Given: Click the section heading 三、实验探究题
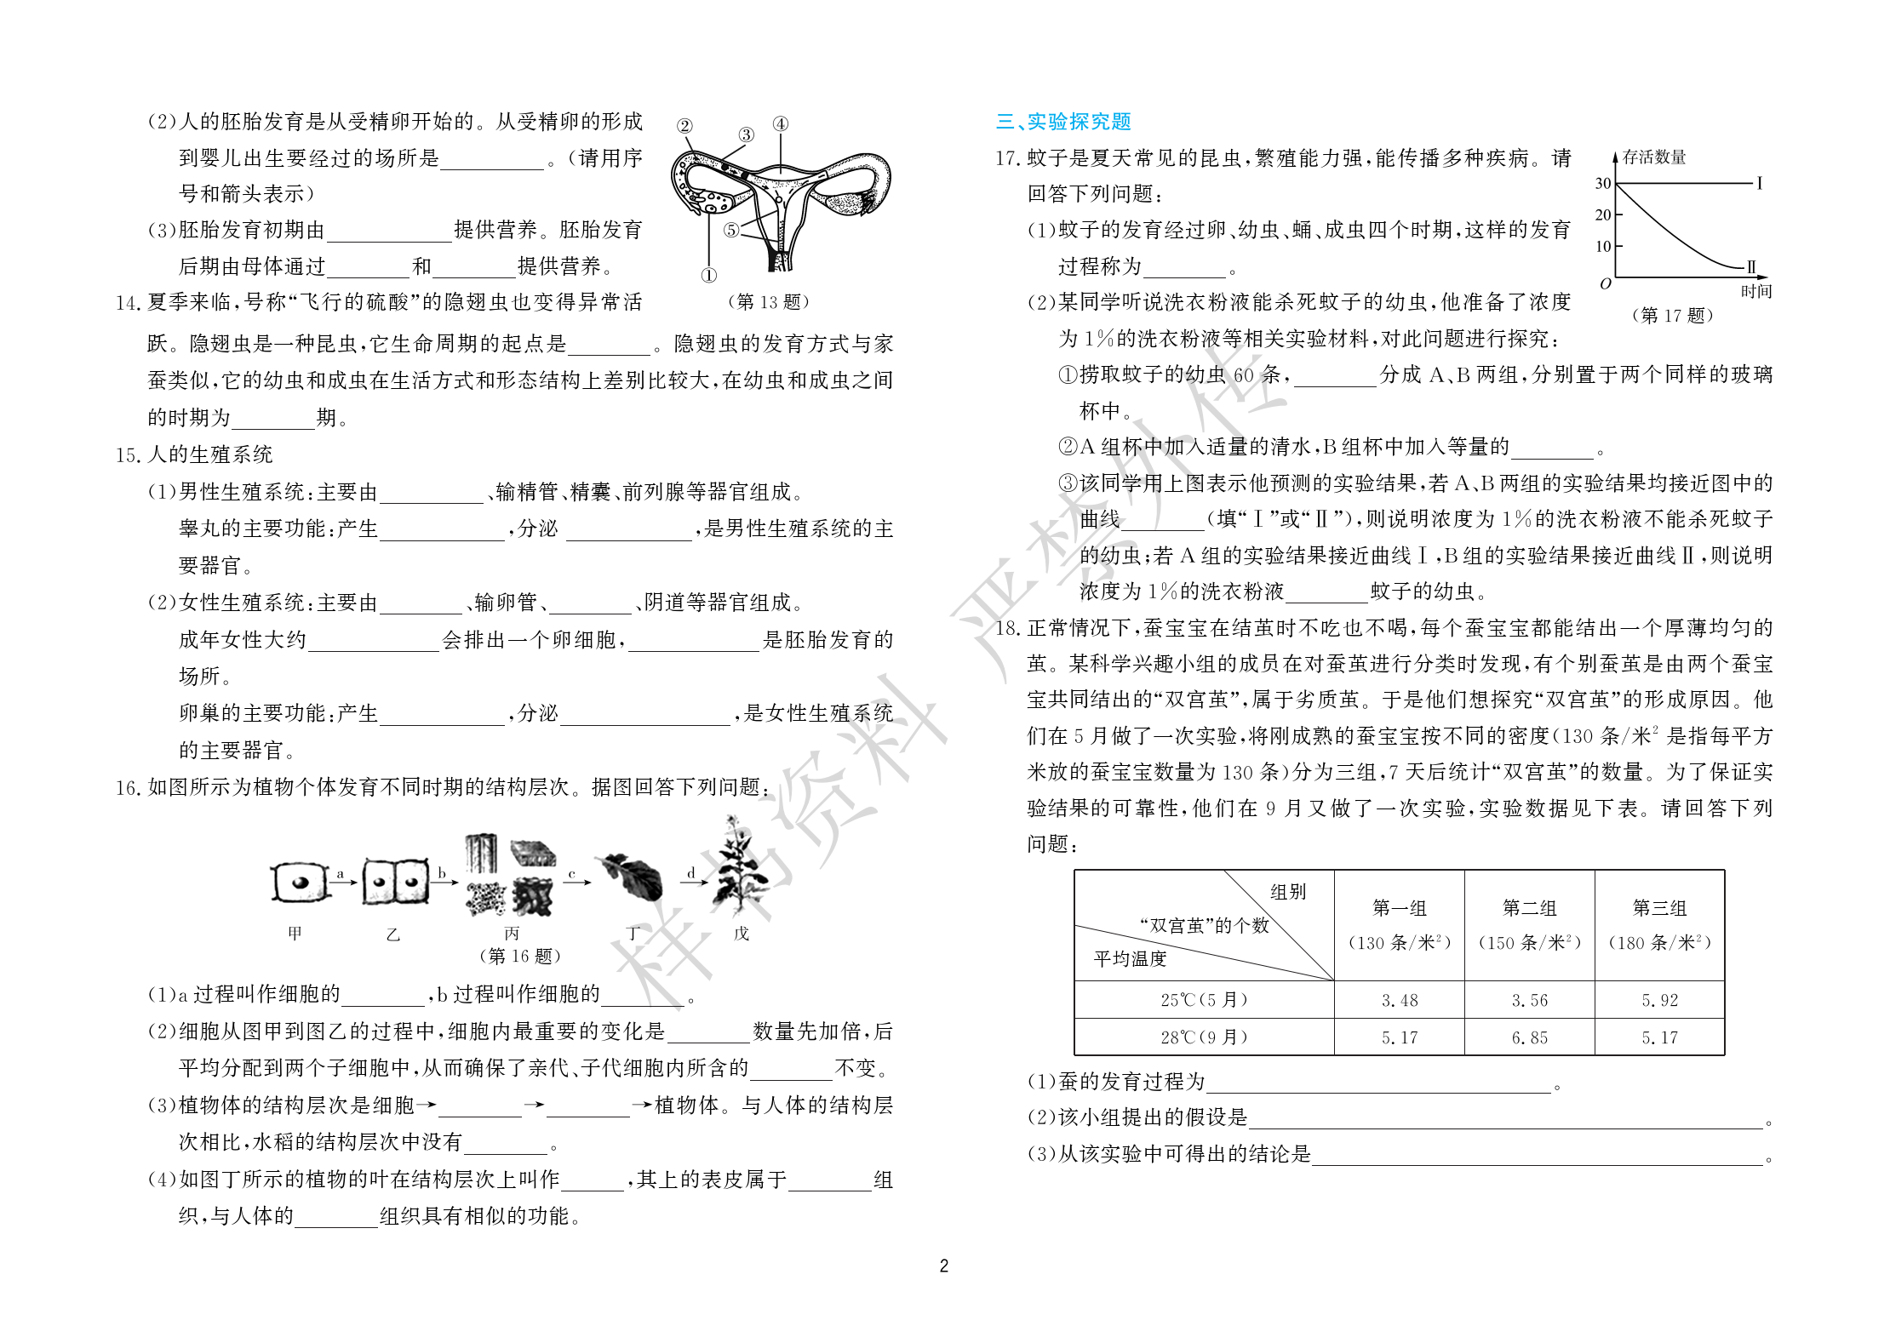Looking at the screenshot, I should pyautogui.click(x=1063, y=122).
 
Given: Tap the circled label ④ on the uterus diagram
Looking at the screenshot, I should pyautogui.click(x=780, y=124).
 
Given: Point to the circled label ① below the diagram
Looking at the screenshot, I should pyautogui.click(x=708, y=275).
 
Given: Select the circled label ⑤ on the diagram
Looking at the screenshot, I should pyautogui.click(x=731, y=230).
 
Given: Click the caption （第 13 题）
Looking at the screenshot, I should pyautogui.click(x=769, y=301).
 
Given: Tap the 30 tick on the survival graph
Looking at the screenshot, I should pyautogui.click(x=1602, y=183).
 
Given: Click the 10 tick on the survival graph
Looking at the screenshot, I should pyautogui.click(x=1602, y=247).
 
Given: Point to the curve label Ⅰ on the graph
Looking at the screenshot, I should pyautogui.click(x=1759, y=183).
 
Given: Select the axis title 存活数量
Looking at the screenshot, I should pyautogui.click(x=1653, y=157).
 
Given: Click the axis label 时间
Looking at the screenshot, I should pyautogui.click(x=1755, y=291).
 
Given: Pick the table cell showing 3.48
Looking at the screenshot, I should pyautogui.click(x=1399, y=1000).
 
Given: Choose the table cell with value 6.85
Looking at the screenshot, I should pyautogui.click(x=1529, y=1037).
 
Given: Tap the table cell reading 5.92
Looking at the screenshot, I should pyautogui.click(x=1659, y=1000).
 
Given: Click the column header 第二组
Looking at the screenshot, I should pyautogui.click(x=1529, y=908).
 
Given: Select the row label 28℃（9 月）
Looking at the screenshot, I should pyautogui.click(x=1203, y=1037).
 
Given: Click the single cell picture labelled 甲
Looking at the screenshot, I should pyautogui.click(x=299, y=882).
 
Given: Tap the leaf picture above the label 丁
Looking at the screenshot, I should pyautogui.click(x=633, y=877).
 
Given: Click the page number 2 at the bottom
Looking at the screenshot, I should pyautogui.click(x=943, y=1266).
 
